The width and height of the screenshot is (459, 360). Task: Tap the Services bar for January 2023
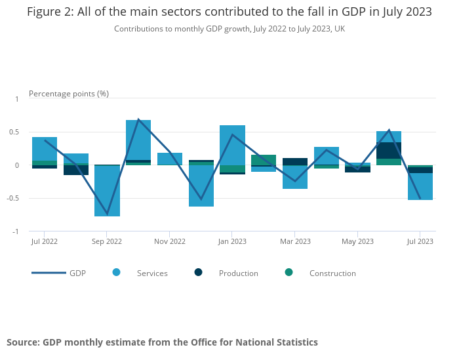pos(232,145)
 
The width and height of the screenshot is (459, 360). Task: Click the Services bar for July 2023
pos(420,186)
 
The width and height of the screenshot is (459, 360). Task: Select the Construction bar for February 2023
pos(264,160)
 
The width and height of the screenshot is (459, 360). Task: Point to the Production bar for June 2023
pos(389,150)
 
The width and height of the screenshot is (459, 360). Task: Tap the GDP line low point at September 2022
pos(107,214)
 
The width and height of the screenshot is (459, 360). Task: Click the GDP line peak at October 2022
pos(138,119)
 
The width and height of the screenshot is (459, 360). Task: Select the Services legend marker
pos(117,272)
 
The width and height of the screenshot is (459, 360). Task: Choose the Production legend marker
pos(199,272)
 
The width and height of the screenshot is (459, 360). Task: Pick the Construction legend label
pos(332,273)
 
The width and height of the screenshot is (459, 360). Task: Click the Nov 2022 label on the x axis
pos(170,241)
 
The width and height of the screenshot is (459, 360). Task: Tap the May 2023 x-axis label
pos(357,241)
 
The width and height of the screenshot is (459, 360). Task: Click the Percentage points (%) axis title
pos(69,93)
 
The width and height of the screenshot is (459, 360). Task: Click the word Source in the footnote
pos(23,342)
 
